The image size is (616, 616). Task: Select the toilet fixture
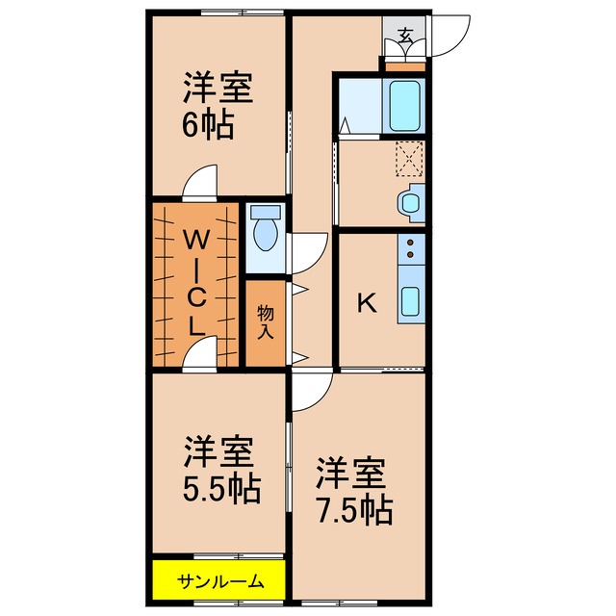(x=264, y=231)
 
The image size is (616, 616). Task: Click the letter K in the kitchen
(x=367, y=303)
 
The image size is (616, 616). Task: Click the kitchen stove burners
(x=411, y=252)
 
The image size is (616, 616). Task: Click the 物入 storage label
(x=266, y=321)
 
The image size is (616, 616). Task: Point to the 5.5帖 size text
(x=222, y=489)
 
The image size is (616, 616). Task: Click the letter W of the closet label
(x=196, y=237)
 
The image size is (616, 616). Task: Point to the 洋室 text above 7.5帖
(x=352, y=474)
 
